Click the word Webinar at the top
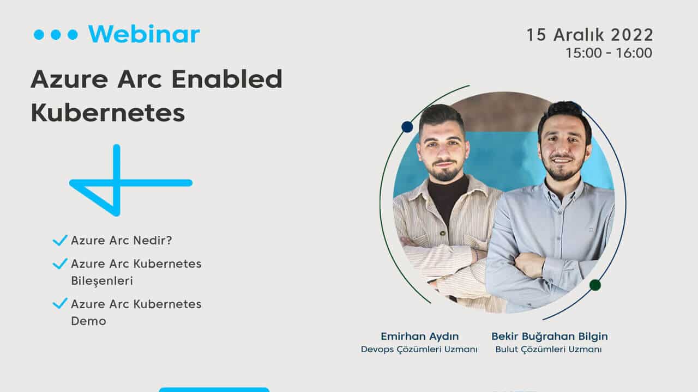pos(144,34)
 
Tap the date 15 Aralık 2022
pos(590,34)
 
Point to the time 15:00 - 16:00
pos(609,53)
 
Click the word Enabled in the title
pos(227,79)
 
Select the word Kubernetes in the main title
pos(108,113)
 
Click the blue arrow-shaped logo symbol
pos(125,180)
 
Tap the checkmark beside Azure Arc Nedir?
pos(60,240)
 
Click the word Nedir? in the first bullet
pos(153,240)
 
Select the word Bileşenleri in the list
pos(102,280)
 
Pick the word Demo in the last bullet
pos(88,321)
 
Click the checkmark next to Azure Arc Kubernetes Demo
pos(60,303)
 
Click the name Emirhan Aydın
pos(420,336)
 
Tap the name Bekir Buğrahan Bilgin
pos(550,336)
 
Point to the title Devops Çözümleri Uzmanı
pos(419,350)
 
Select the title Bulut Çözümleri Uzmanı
pos(549,350)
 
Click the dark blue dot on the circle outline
pos(407,127)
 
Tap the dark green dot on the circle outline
pos(595,285)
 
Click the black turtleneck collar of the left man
pos(448,187)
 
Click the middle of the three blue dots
pos(56,34)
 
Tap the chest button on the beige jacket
pos(442,233)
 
